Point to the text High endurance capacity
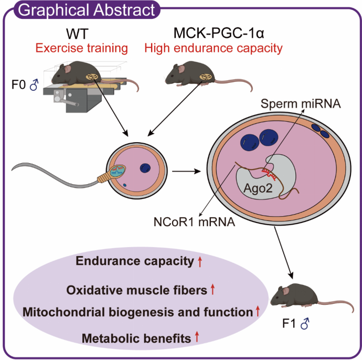click(214, 49)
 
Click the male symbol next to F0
click(33, 84)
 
